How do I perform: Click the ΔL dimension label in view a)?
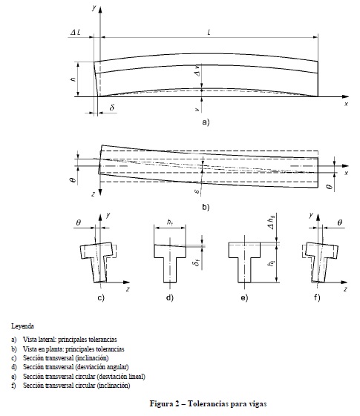click(76, 33)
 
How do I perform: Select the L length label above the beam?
click(209, 33)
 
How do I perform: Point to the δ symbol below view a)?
click(112, 108)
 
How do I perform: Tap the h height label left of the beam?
click(73, 79)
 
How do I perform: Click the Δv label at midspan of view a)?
click(197, 71)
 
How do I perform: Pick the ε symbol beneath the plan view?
click(197, 191)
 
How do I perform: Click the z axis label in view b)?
click(94, 194)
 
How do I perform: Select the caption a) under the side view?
click(206, 122)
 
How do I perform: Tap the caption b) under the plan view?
click(206, 207)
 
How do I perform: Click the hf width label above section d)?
click(170, 222)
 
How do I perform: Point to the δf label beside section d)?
click(197, 263)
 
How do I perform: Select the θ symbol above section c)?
click(79, 222)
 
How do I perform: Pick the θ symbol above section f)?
click(339, 222)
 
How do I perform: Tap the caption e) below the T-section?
click(244, 297)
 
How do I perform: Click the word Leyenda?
click(22, 326)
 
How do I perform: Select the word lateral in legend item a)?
click(47, 340)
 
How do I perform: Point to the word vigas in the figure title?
click(258, 404)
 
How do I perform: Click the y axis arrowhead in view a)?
click(100, 10)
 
